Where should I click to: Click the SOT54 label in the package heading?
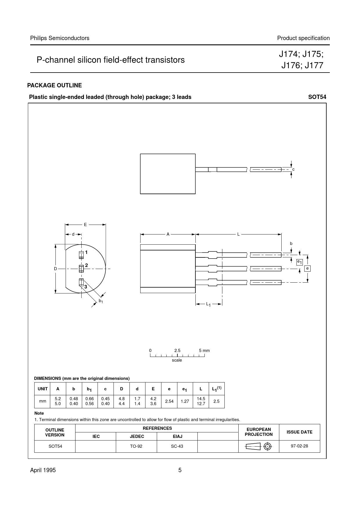click(x=317, y=97)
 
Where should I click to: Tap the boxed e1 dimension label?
click(x=299, y=262)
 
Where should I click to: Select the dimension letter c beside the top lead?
click(x=294, y=169)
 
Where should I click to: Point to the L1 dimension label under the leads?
click(x=208, y=304)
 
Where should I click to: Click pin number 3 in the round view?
click(x=86, y=287)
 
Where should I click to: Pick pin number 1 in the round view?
click(x=86, y=252)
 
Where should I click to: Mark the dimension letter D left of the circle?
click(x=55, y=269)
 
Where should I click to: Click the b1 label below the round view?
click(x=101, y=301)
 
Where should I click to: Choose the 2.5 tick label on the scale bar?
click(x=177, y=351)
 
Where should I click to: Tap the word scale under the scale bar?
click(x=177, y=360)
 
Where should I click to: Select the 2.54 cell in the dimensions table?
click(x=169, y=401)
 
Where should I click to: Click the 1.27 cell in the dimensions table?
click(x=185, y=401)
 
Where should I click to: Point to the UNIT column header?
click(x=43, y=389)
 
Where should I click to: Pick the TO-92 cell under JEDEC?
click(x=136, y=446)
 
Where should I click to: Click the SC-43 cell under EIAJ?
click(x=177, y=446)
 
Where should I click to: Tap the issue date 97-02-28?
click(x=299, y=446)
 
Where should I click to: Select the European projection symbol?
click(x=259, y=447)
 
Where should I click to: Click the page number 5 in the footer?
click(x=180, y=470)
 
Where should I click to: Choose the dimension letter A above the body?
click(x=168, y=234)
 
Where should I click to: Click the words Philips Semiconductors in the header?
click(x=60, y=38)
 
